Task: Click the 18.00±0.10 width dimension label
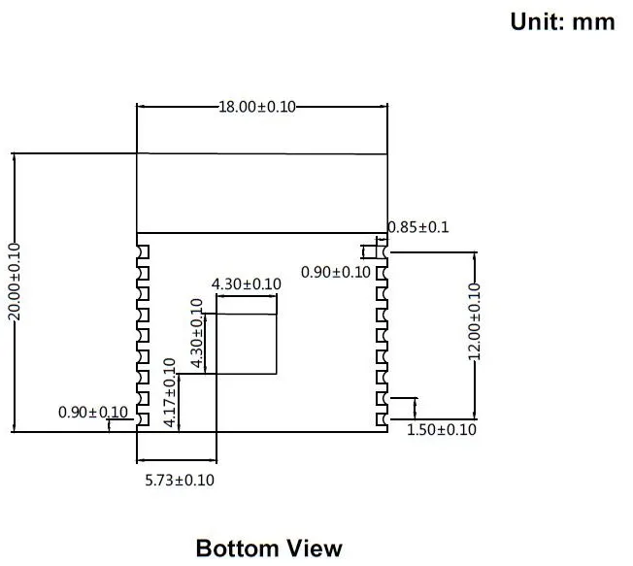[257, 107]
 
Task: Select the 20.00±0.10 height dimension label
[15, 282]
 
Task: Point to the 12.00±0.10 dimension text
[475, 321]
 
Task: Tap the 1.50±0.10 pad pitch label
[441, 429]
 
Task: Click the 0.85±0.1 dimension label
[418, 227]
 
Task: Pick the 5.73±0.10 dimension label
[180, 480]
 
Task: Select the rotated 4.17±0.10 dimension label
[170, 392]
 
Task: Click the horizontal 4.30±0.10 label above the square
[247, 284]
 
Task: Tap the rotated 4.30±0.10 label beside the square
[197, 333]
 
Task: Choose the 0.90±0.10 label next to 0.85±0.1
[336, 272]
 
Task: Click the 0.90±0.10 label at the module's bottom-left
[93, 413]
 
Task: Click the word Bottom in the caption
[237, 549]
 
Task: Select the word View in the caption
[315, 549]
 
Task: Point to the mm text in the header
[594, 23]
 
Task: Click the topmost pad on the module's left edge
[143, 251]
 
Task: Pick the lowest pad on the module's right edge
[382, 419]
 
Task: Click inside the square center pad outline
[247, 344]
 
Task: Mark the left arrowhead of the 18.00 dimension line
[140, 107]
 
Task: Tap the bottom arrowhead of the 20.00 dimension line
[15, 428]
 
